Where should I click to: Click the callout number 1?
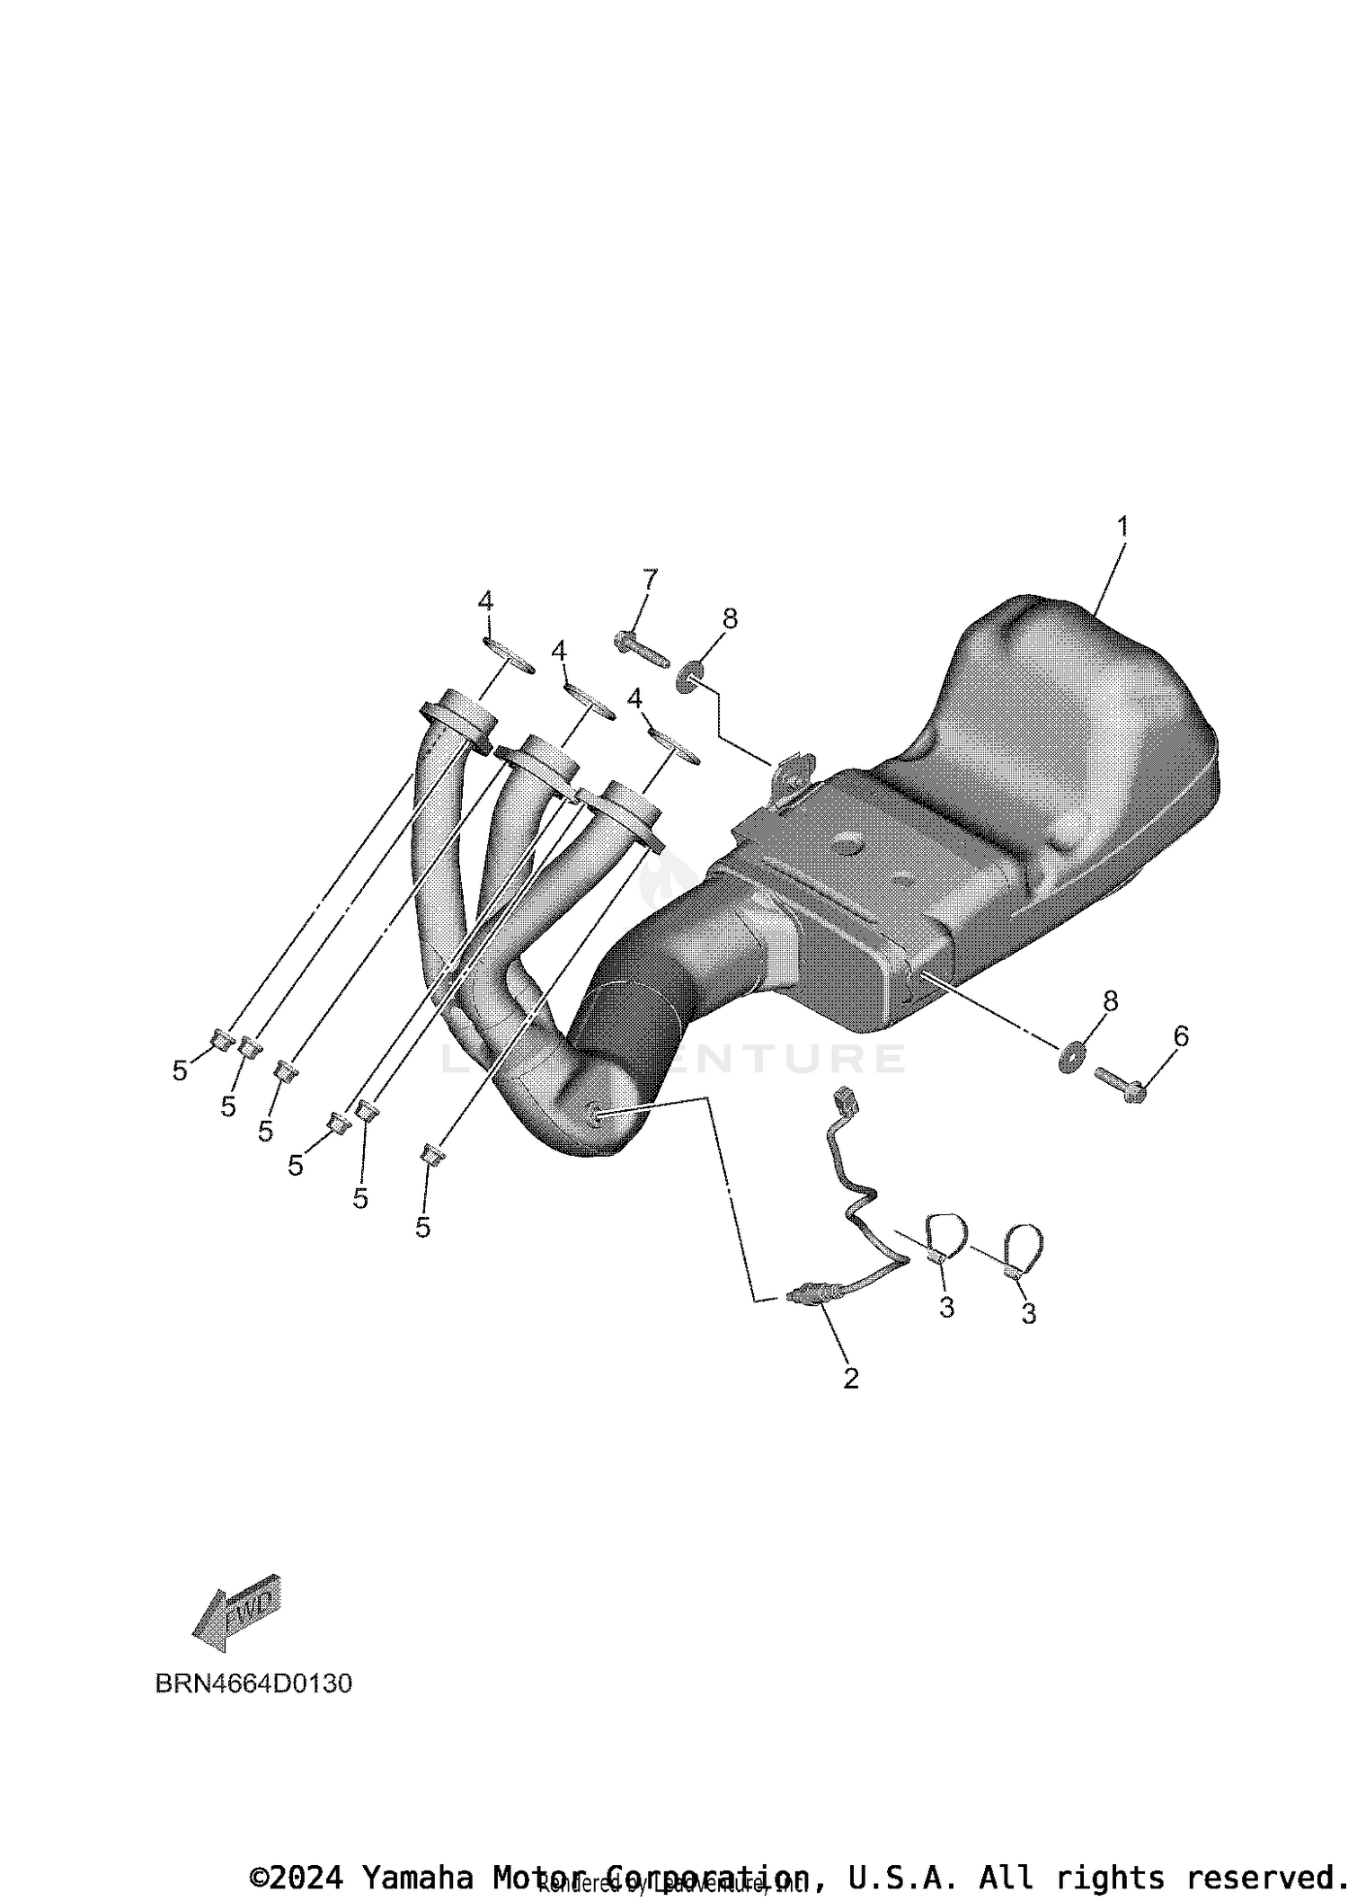1122,527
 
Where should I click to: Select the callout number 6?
1181,1036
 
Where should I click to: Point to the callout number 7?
649,580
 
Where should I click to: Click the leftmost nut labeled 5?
220,1041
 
